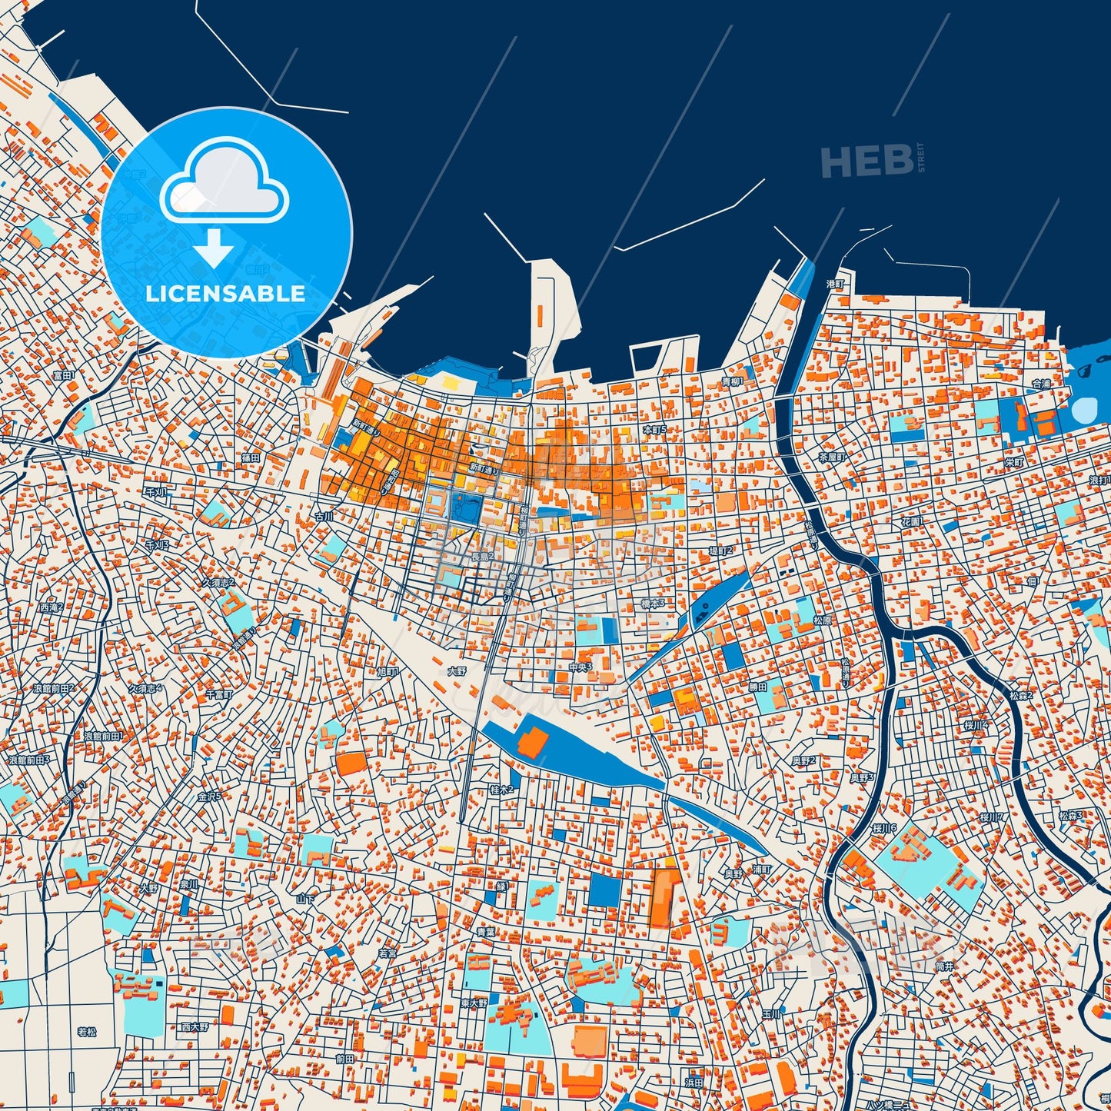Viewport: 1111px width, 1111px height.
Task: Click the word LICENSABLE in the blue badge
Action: [225, 294]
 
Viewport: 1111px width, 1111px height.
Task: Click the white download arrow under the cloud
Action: [214, 248]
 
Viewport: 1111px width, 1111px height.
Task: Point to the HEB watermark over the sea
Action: [867, 161]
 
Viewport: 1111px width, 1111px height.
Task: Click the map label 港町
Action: [835, 284]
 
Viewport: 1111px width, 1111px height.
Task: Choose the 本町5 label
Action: [654, 429]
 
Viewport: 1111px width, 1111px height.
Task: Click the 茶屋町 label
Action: [831, 456]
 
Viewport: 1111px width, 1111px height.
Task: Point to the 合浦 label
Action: [1040, 383]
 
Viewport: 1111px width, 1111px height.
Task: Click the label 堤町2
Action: [720, 551]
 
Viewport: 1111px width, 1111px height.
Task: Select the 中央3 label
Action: [580, 667]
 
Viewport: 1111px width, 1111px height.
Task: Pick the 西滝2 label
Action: [52, 607]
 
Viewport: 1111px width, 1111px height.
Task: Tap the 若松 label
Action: [87, 1032]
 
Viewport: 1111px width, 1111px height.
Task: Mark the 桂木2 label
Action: [501, 790]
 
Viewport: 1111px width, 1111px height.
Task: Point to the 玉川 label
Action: [771, 1014]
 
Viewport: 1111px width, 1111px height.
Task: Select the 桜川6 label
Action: [885, 828]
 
